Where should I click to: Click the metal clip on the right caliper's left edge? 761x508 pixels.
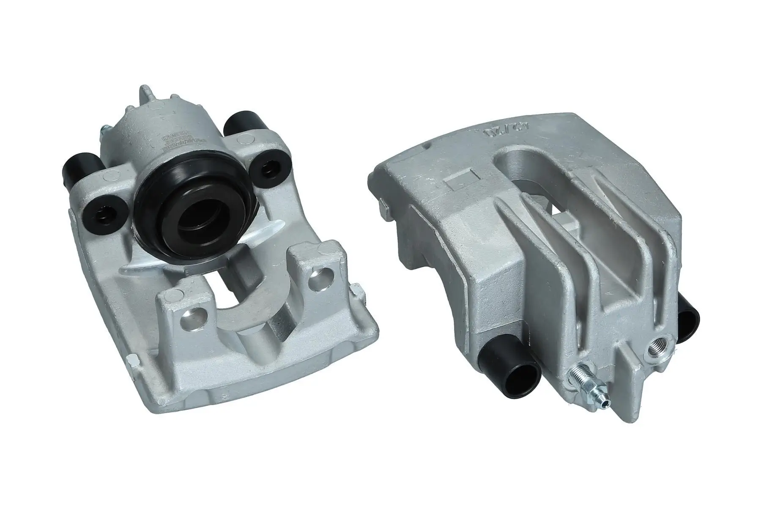(x=382, y=207)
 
